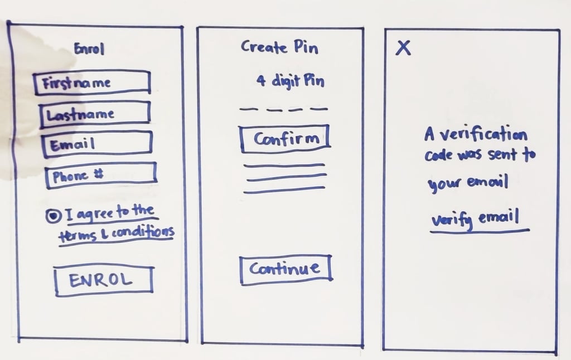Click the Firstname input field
point(92,82)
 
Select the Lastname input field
point(94,114)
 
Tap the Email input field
point(96,144)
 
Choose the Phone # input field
point(100,175)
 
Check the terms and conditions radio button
point(52,216)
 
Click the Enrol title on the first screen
point(89,50)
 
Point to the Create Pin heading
point(279,47)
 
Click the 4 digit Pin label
point(290,81)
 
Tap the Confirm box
point(285,139)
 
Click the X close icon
point(403,48)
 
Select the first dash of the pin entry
point(246,109)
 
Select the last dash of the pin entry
point(321,109)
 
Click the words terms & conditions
point(116,232)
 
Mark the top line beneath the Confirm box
point(284,166)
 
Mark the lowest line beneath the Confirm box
point(284,191)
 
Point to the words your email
point(467,183)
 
